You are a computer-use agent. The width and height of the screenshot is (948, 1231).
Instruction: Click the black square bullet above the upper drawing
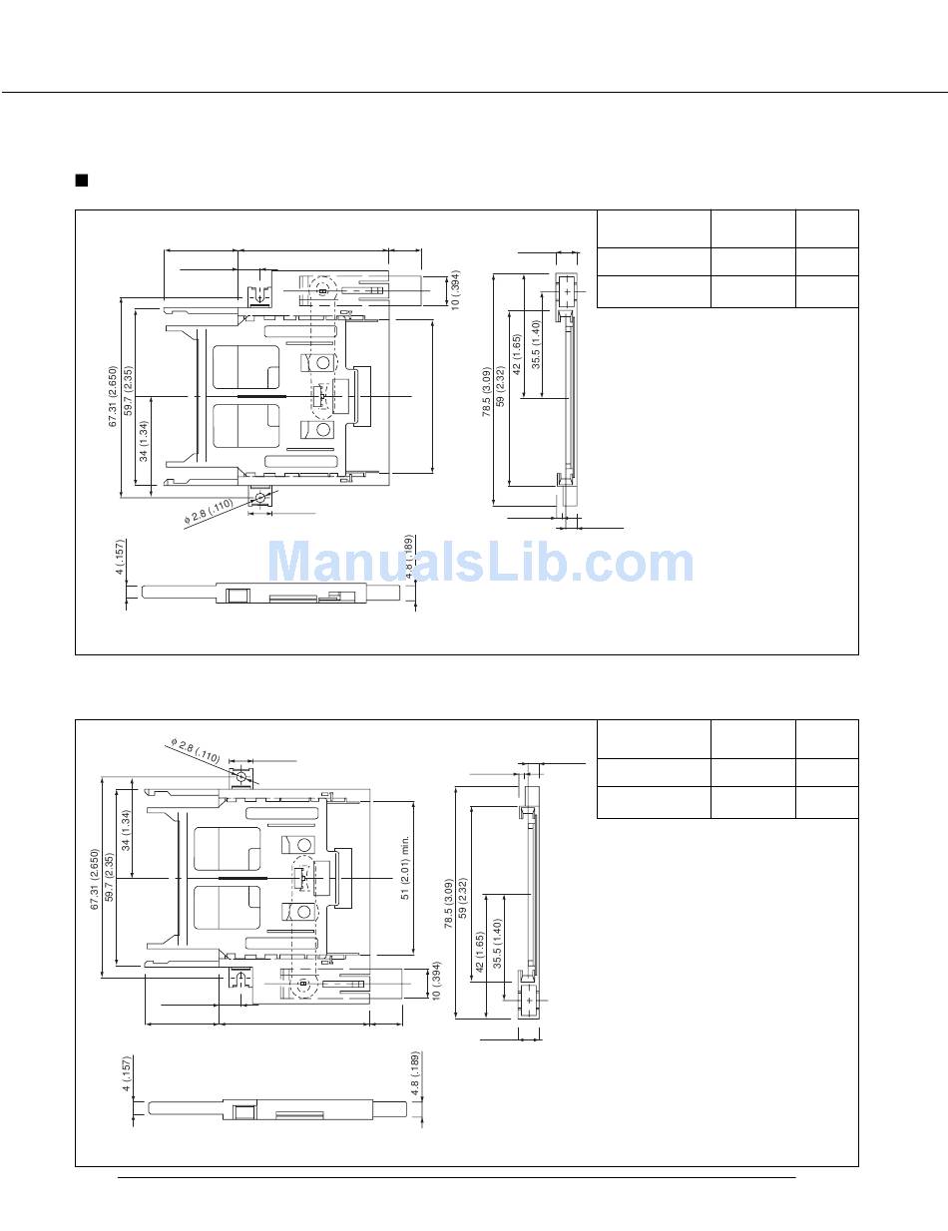point(82,181)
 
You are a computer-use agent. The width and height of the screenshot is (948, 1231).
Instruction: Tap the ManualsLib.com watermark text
point(481,563)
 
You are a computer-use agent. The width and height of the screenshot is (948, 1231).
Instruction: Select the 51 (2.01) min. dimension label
point(405,867)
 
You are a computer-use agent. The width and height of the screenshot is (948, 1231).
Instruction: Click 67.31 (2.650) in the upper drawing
point(113,397)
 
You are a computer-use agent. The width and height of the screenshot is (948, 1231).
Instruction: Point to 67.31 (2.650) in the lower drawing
point(95,879)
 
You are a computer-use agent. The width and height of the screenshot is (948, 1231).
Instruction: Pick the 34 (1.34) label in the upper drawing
point(144,441)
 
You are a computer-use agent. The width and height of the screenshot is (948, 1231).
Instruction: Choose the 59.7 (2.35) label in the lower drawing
point(110,878)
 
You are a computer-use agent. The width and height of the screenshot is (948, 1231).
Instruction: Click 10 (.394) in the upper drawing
point(456,289)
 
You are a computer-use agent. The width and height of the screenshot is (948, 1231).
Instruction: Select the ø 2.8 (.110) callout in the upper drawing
point(209,511)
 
